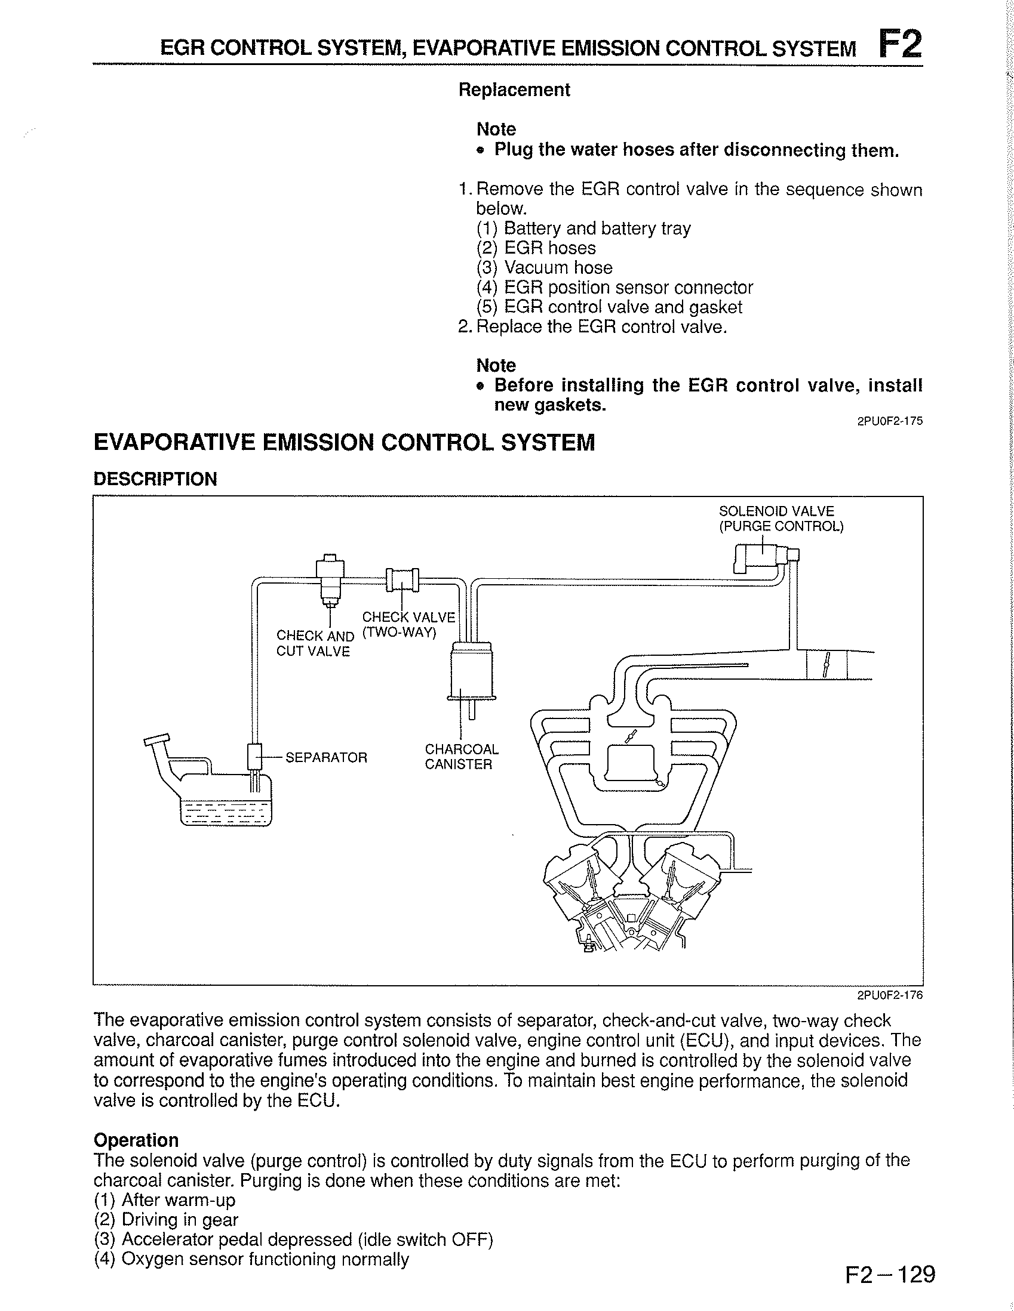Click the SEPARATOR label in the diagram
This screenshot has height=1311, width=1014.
click(x=325, y=758)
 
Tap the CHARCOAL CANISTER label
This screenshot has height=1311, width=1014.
click(x=462, y=757)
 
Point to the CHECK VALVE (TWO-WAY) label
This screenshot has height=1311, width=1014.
click(x=408, y=625)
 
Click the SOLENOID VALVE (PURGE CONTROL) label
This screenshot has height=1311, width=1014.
click(x=781, y=519)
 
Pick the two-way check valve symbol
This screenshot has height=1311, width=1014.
click(x=402, y=579)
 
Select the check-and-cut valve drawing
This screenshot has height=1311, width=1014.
click(x=330, y=579)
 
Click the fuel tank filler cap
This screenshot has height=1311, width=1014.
click(x=158, y=739)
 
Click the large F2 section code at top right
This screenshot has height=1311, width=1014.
click(x=899, y=43)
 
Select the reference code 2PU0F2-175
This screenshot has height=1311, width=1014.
click(x=890, y=421)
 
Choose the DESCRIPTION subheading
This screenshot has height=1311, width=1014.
click(x=155, y=479)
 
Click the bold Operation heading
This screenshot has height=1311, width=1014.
click(x=136, y=1140)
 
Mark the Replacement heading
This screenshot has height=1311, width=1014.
click(x=514, y=90)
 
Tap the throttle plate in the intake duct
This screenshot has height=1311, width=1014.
click(x=826, y=665)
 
